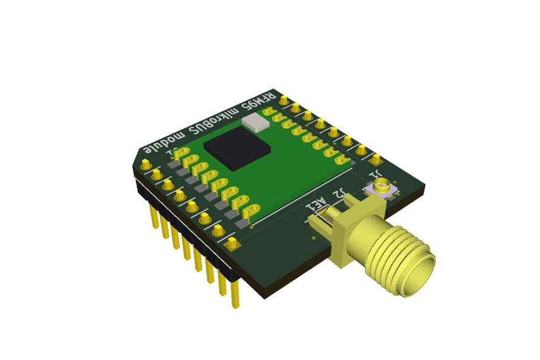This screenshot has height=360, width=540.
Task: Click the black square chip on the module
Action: point(237,149)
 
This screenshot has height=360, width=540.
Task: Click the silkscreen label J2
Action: point(339,195)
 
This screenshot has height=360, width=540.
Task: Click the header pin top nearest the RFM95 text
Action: point(284,100)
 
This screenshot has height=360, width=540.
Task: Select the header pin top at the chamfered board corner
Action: point(146,164)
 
